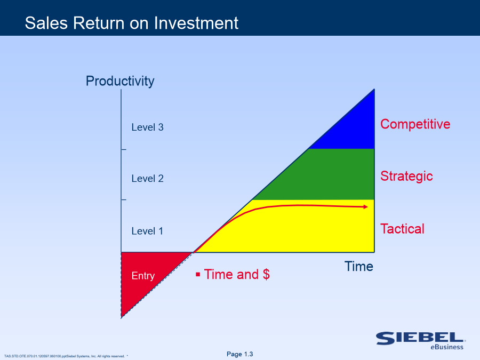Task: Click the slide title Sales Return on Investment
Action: pos(132,23)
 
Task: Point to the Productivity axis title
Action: pos(120,81)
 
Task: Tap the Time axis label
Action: pos(359,266)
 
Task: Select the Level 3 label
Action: pos(148,127)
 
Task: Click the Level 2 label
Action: pos(148,179)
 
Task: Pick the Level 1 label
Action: pos(147,231)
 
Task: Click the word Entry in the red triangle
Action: pos(143,276)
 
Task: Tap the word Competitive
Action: pos(415,124)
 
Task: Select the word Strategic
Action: pos(406,176)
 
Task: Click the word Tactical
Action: pos(402,229)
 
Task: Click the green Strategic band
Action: pos(324,174)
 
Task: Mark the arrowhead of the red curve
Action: pos(365,207)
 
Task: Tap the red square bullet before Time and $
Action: pos(198,274)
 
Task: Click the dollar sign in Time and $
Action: pos(266,274)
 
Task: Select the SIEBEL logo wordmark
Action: pos(420,338)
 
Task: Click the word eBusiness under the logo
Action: pos(447,347)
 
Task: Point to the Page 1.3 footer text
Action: pos(239,354)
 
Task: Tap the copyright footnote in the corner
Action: pos(66,356)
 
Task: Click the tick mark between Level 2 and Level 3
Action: pos(124,149)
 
